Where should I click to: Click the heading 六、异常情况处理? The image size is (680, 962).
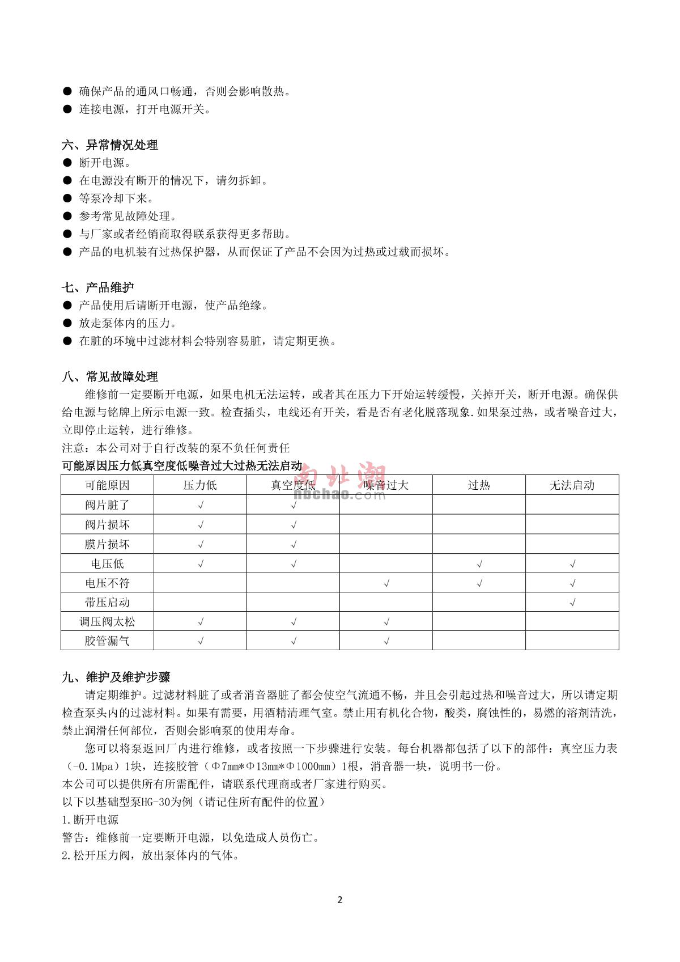click(110, 145)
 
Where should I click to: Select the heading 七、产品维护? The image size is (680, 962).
click(98, 287)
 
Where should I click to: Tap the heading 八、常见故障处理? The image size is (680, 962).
click(110, 376)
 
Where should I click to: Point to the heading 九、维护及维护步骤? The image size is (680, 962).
click(116, 677)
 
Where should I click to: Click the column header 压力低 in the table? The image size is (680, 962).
click(200, 485)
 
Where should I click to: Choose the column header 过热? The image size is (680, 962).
click(479, 485)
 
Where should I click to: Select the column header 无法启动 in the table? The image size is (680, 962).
click(572, 485)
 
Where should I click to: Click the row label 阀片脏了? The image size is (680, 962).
click(107, 505)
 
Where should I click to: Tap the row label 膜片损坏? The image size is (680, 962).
click(107, 544)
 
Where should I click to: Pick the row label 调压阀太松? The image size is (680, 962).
click(107, 622)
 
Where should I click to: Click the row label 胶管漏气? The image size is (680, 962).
click(107, 641)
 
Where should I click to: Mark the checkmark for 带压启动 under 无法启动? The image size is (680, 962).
click(572, 603)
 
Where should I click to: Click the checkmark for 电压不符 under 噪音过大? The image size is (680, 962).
click(386, 583)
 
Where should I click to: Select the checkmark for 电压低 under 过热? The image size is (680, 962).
click(479, 564)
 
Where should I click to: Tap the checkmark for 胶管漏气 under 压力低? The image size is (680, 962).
click(200, 642)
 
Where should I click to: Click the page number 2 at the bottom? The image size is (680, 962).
click(340, 900)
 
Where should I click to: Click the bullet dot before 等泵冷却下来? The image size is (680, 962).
click(67, 198)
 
